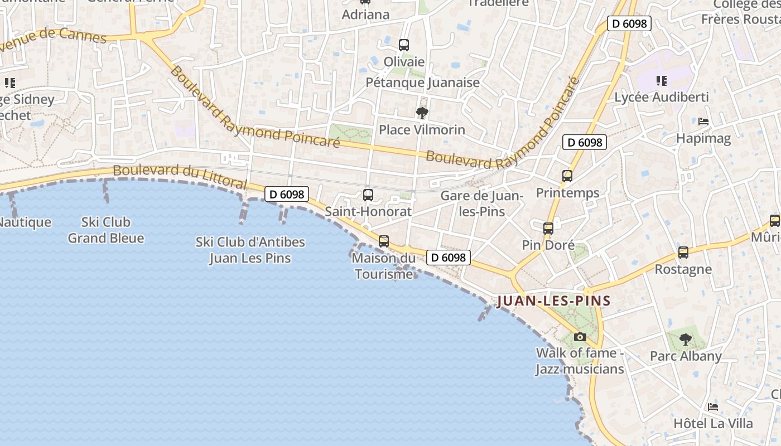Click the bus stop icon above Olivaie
[403, 45]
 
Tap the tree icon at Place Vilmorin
[422, 114]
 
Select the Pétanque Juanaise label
[422, 83]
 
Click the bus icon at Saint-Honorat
[368, 195]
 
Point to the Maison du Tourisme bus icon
[384, 241]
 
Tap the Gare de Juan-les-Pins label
[481, 203]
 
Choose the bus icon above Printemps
[567, 176]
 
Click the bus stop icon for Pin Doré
[548, 228]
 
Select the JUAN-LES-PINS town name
[553, 301]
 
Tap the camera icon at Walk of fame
[580, 337]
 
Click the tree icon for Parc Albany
[686, 339]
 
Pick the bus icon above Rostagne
[683, 253]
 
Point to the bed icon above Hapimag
[703, 122]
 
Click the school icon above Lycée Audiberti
[662, 81]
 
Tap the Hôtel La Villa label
[713, 423]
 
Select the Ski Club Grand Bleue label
[106, 230]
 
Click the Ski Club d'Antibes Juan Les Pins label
[250, 250]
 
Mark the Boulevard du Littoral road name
[180, 176]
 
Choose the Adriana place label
[365, 14]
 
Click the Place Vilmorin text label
[422, 130]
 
